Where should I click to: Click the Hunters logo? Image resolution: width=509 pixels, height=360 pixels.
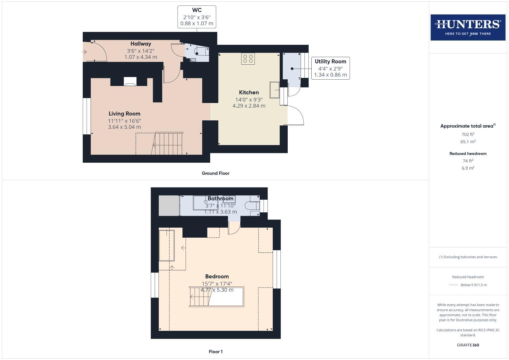click(468, 27)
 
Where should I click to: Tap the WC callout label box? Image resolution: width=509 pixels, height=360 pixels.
click(197, 17)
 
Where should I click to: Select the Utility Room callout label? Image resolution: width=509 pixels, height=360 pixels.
click(330, 68)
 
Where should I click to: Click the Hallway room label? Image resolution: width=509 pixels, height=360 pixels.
click(141, 44)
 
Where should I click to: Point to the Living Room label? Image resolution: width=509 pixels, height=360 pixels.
click(124, 114)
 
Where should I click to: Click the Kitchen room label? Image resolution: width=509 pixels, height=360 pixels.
click(249, 93)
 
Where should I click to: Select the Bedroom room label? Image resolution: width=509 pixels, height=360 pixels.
click(217, 276)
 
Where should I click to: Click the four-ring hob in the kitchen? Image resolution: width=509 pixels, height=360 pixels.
click(248, 59)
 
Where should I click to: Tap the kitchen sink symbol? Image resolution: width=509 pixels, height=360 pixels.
click(274, 90)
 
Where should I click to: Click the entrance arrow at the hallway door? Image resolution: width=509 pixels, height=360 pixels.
click(84, 52)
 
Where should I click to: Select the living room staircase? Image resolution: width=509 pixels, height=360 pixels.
click(168, 144)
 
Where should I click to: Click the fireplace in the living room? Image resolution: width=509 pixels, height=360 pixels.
click(130, 82)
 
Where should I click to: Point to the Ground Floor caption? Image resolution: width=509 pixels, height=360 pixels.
click(215, 173)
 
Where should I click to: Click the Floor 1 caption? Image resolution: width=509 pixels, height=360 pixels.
click(215, 352)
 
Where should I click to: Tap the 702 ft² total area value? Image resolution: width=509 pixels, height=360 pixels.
click(468, 134)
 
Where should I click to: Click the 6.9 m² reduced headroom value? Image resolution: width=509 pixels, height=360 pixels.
click(468, 168)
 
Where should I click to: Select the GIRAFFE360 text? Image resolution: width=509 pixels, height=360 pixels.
click(468, 345)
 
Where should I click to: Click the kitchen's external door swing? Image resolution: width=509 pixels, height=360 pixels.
click(295, 115)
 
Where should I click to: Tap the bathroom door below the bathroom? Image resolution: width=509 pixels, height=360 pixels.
click(234, 228)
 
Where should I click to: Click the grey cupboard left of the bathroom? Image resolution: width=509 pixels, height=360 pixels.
click(169, 206)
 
